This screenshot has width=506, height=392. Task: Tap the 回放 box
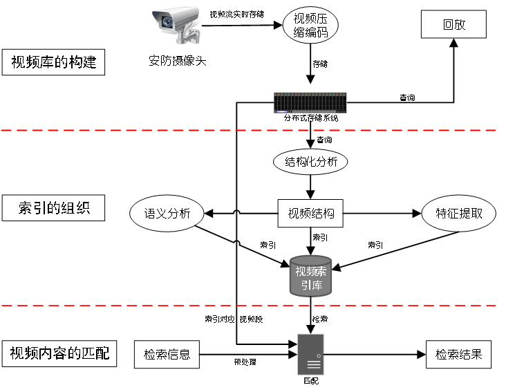[x=454, y=25]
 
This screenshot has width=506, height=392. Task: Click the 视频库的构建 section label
[x=53, y=63]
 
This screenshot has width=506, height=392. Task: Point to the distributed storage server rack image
[x=310, y=103]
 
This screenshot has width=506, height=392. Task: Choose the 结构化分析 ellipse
[x=310, y=162]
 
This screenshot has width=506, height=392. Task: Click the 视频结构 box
[x=310, y=214]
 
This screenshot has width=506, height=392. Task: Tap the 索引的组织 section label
[x=53, y=207]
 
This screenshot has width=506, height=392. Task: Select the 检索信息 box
[x=167, y=355]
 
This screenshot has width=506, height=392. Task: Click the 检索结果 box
[x=458, y=355]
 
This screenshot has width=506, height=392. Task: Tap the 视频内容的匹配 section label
[x=59, y=355]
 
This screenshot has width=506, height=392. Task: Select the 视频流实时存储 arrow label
[x=236, y=14]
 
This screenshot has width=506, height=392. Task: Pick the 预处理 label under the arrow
[x=244, y=362]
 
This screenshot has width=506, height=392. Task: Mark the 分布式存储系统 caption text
[x=310, y=118]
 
